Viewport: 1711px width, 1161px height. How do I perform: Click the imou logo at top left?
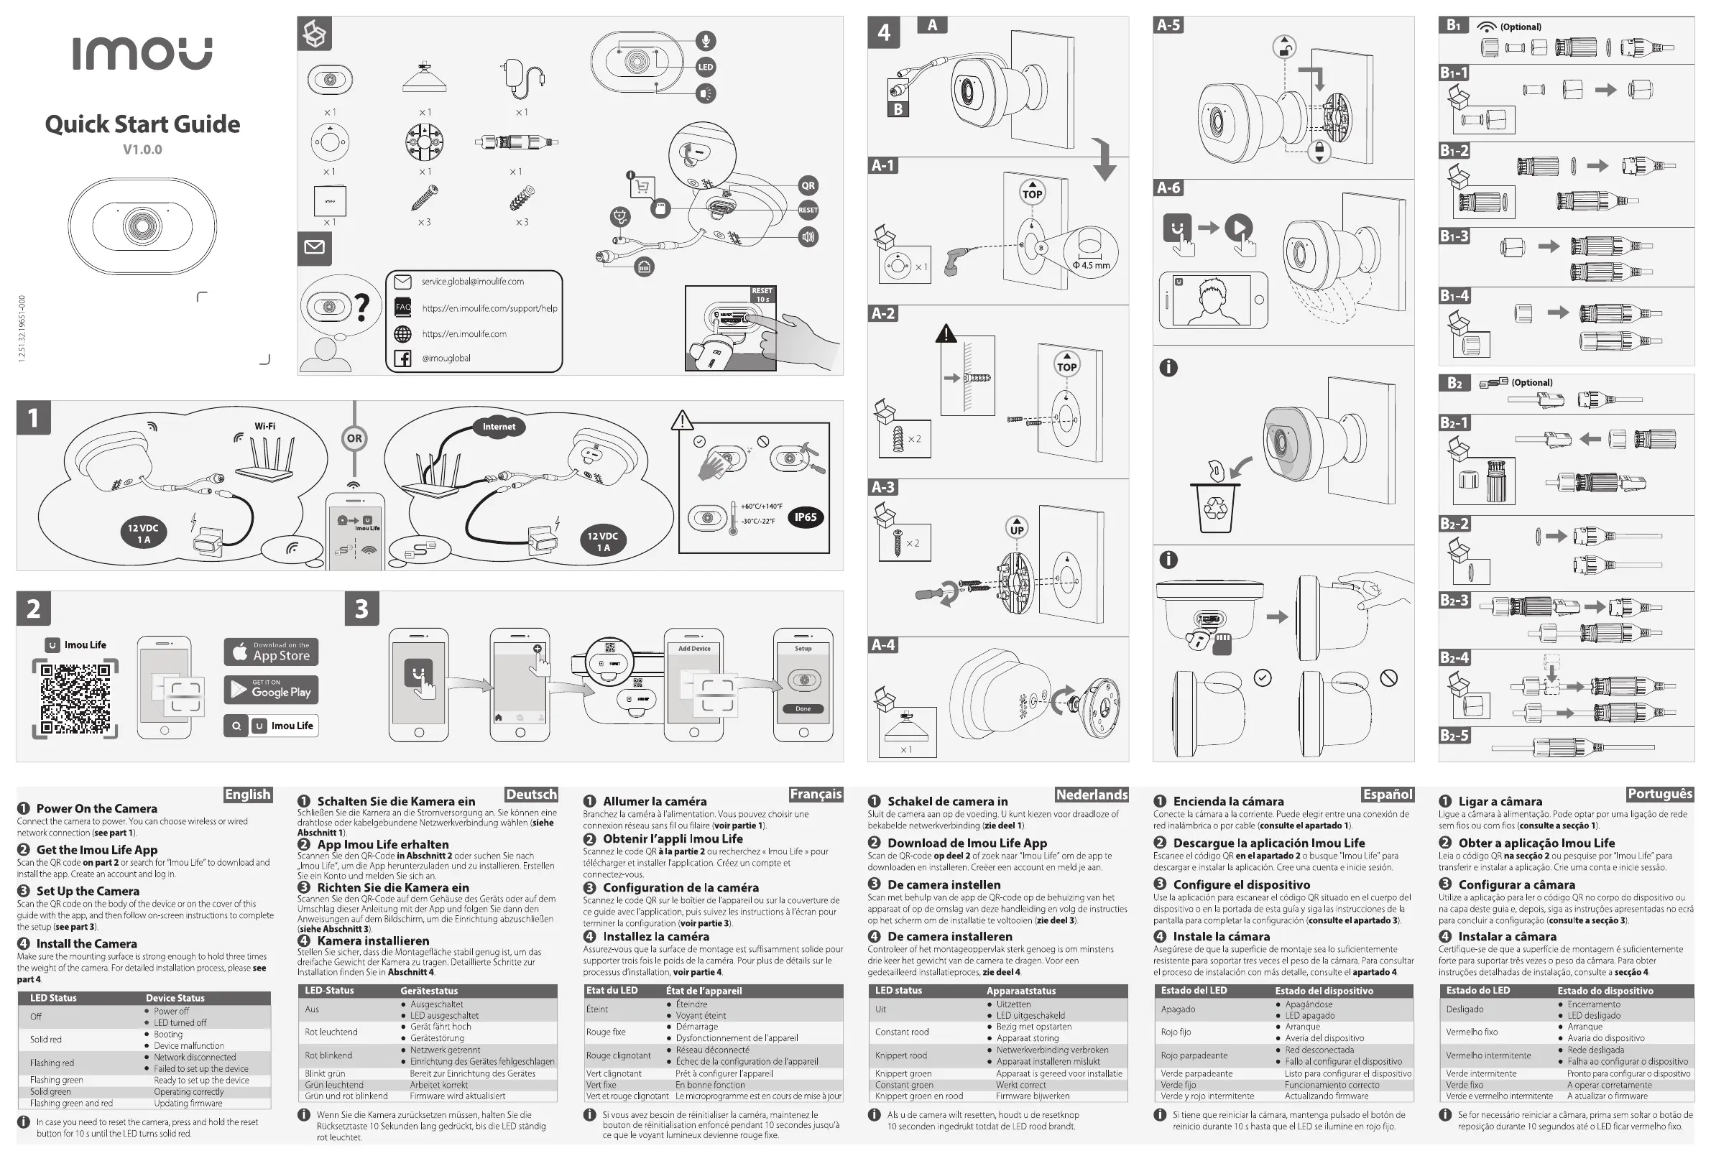[x=142, y=54]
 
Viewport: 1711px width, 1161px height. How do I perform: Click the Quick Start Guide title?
[x=142, y=124]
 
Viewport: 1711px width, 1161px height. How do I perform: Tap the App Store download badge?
[x=271, y=652]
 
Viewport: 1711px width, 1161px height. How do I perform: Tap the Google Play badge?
[x=271, y=689]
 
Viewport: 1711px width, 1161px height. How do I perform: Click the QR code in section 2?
[x=75, y=698]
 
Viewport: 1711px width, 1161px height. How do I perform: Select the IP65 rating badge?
[x=805, y=517]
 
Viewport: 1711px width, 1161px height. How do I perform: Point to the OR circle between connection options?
[x=354, y=438]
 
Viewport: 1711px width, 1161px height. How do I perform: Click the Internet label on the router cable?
[x=499, y=426]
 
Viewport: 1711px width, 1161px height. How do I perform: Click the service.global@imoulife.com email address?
[x=473, y=281]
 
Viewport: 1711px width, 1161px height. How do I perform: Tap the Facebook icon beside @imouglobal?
[x=402, y=359]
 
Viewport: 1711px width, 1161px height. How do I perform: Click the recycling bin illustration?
[x=1214, y=506]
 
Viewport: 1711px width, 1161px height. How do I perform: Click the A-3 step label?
[x=882, y=486]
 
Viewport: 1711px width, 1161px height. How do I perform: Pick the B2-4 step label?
[x=1454, y=657]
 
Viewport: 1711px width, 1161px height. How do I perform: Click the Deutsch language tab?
[x=531, y=795]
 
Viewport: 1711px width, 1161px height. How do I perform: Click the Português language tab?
[x=1659, y=794]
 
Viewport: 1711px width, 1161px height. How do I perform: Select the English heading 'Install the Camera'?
[x=86, y=943]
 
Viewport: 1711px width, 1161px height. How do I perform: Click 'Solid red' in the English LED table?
[x=46, y=1040]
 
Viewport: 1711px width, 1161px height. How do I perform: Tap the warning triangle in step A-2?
[x=945, y=334]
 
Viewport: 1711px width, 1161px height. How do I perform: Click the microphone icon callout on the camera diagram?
[x=705, y=40]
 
